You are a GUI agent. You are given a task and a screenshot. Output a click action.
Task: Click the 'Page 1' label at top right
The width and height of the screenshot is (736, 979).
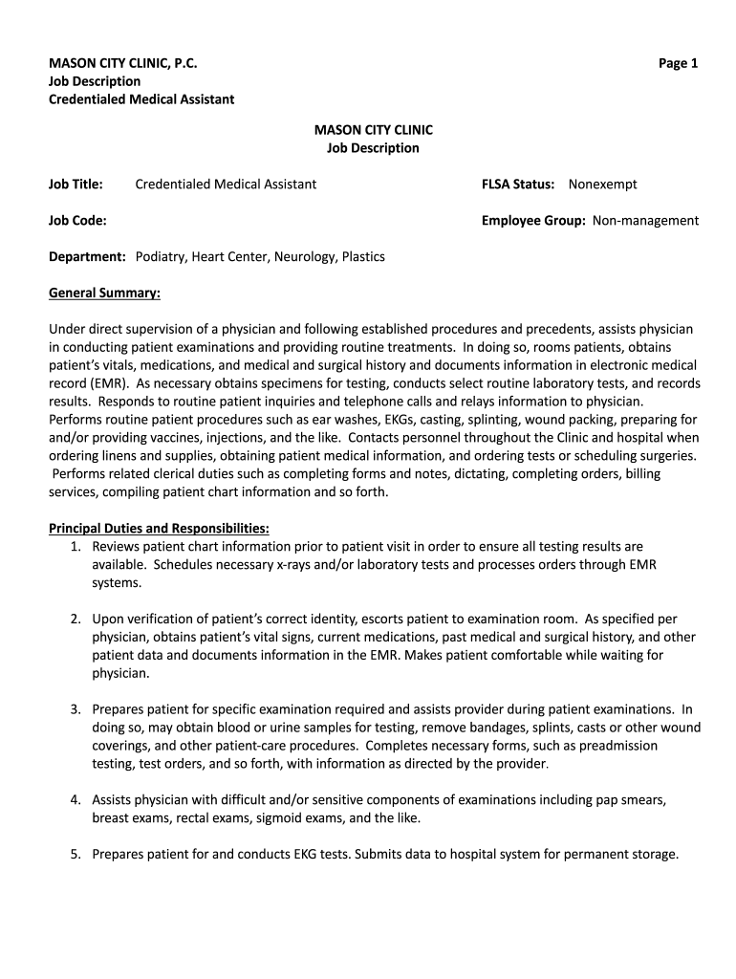(678, 63)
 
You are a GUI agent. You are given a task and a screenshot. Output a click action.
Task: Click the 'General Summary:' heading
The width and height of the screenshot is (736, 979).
(104, 293)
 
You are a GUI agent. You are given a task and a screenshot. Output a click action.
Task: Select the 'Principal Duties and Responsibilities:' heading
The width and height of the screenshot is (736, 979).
(159, 528)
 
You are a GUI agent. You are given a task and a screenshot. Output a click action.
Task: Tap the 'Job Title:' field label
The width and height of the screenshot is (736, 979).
(76, 184)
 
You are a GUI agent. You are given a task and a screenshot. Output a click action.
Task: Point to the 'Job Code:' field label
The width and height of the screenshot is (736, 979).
(77, 220)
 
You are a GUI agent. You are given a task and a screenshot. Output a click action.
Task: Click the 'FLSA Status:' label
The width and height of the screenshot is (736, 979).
(518, 184)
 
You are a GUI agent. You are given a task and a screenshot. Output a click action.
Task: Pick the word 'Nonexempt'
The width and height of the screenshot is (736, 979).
(602, 184)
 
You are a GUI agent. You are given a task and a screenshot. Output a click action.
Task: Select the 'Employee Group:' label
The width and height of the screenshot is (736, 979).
(533, 220)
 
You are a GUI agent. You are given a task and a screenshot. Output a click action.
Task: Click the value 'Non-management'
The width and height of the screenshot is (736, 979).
(645, 220)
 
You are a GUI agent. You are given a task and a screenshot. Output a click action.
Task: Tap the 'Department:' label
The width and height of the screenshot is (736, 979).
(88, 256)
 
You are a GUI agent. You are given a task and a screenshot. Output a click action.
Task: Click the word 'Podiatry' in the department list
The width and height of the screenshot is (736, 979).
(161, 256)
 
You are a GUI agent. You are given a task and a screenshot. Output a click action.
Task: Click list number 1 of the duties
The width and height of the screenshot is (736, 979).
(75, 546)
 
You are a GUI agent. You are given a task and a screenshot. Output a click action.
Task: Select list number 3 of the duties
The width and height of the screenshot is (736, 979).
(75, 708)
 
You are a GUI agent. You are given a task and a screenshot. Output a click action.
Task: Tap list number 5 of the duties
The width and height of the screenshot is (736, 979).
(75, 854)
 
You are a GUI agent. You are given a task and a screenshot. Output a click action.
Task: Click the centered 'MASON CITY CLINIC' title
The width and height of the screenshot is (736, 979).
(373, 129)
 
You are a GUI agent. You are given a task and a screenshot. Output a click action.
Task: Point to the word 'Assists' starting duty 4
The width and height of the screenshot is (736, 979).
(115, 799)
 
